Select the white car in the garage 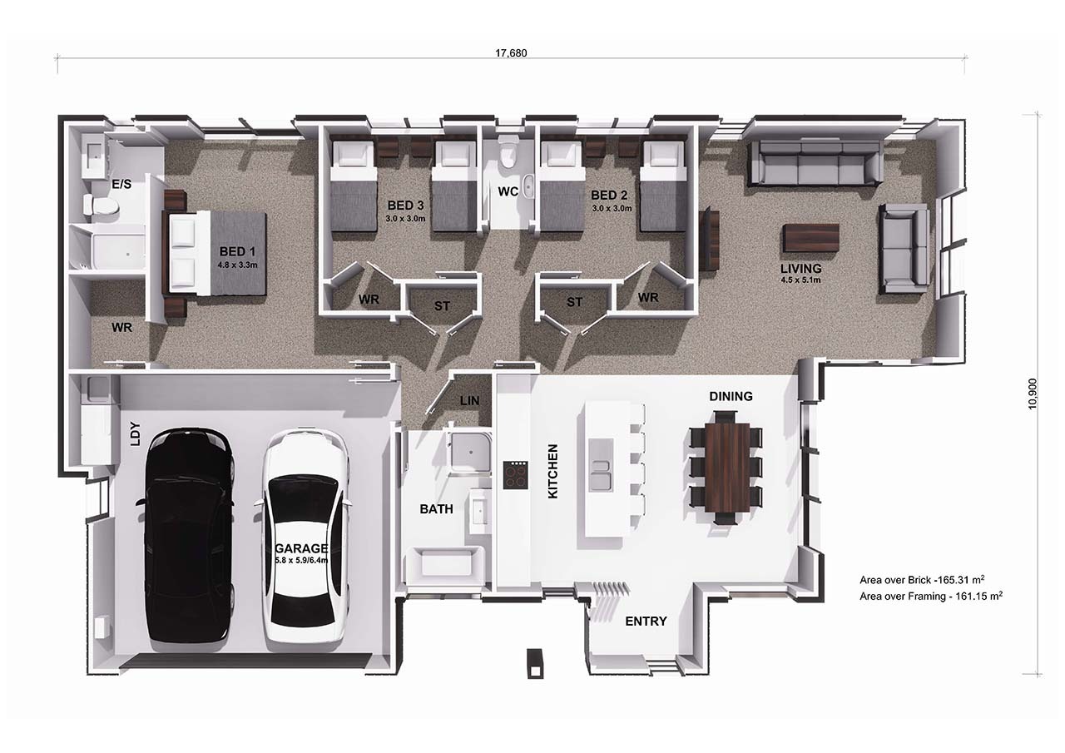coord(305,537)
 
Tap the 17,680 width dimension coord(511,53)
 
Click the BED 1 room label coord(237,251)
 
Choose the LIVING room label coord(800,268)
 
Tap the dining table coord(727,467)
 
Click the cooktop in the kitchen coord(515,475)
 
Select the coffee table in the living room coord(810,238)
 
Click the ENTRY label coord(646,621)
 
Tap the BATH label coord(436,509)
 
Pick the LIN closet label coord(469,401)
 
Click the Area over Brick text coord(921,580)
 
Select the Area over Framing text coord(931,596)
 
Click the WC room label coord(508,191)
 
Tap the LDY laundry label coord(136,433)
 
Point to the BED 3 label coord(405,206)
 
